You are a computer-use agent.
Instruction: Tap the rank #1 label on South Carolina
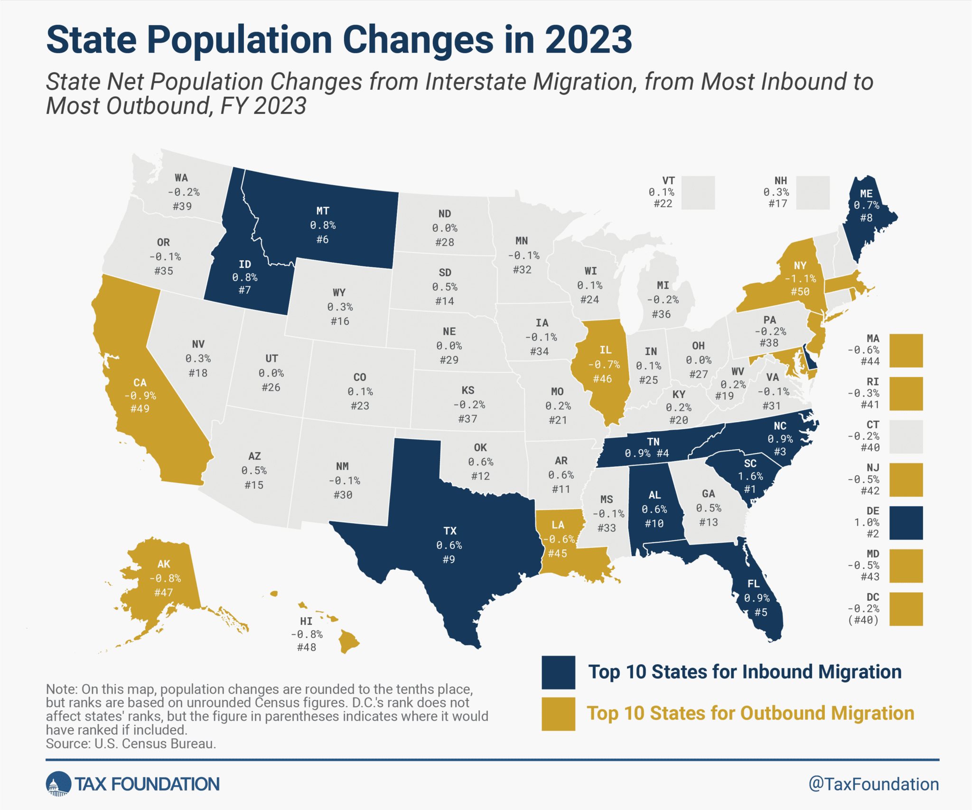(750, 489)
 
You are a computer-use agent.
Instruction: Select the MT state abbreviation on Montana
(323, 211)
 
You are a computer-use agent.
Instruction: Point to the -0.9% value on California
(140, 396)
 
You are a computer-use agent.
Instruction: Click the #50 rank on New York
(800, 292)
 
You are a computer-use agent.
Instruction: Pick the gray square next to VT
(698, 192)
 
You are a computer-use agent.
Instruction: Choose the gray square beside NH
(813, 192)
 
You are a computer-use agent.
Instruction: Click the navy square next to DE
(906, 522)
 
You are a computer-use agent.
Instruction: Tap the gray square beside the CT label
(906, 436)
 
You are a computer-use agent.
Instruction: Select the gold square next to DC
(906, 609)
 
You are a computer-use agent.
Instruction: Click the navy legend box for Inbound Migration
(559, 672)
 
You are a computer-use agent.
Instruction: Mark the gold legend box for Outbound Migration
(559, 714)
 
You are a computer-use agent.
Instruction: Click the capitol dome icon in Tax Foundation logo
(58, 784)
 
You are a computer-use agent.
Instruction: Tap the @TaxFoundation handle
(873, 784)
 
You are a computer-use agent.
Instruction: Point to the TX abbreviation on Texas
(450, 531)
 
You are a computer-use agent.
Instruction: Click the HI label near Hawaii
(306, 621)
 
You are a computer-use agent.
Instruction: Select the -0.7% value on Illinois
(604, 365)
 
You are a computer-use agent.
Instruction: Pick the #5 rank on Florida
(761, 612)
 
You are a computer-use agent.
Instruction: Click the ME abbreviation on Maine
(866, 194)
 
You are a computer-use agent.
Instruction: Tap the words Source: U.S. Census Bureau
(131, 744)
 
